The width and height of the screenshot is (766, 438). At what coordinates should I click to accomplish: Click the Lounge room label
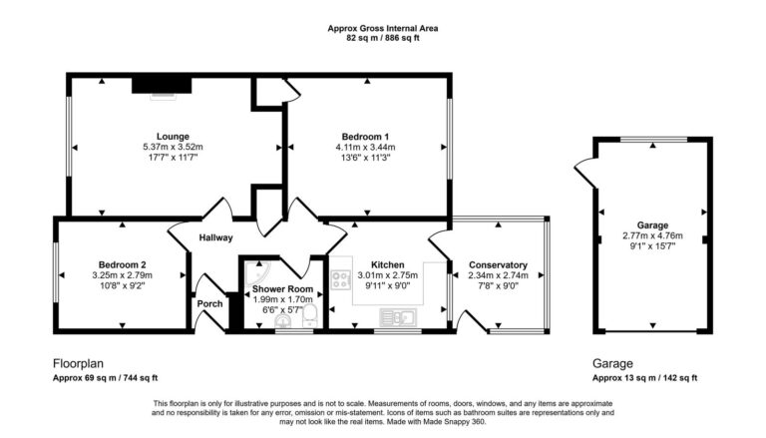coord(173,137)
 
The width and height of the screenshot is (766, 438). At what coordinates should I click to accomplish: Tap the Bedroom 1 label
coord(365,137)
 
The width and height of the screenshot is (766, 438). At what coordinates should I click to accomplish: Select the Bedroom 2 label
coord(122,265)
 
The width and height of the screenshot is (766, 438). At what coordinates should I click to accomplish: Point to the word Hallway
coord(215,238)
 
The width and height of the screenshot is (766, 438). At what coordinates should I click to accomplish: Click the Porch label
coord(209,303)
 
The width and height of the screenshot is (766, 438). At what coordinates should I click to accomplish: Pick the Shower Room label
coord(282,289)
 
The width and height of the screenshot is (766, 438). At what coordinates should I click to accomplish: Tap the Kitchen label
coord(387,265)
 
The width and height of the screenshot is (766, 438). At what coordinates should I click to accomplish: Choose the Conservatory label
coord(498,265)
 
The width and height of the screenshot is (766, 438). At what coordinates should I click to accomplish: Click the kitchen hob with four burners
coord(341,280)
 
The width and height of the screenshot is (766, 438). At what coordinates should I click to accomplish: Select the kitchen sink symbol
coord(398,317)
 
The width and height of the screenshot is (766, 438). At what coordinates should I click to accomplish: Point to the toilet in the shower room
coord(310,316)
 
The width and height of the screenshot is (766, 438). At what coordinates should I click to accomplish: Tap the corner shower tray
coord(257,272)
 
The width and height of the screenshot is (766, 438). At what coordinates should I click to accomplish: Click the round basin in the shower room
coord(282,321)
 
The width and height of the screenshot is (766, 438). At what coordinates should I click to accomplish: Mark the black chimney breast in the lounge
coord(162,85)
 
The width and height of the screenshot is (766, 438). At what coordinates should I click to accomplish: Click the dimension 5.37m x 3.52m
coord(173,147)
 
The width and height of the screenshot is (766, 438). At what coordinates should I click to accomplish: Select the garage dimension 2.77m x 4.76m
coord(652,235)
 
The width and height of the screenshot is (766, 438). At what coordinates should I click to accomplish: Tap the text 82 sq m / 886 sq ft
coord(383,38)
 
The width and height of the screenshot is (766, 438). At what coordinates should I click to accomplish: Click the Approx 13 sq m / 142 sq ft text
coord(645,378)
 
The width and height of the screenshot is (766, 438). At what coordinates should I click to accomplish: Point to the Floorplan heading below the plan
coord(78,364)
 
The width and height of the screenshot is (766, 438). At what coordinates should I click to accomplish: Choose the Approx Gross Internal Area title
coord(383,28)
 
